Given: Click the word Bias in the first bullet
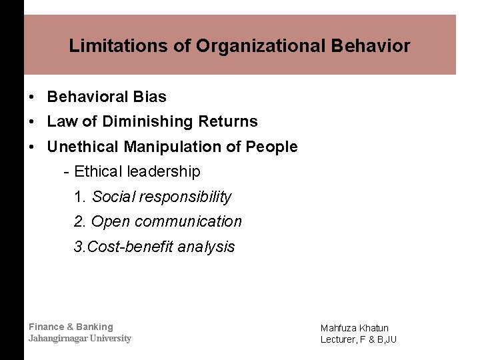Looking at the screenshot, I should tap(150, 97).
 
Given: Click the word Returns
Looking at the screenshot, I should tap(228, 121).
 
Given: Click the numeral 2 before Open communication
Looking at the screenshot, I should tap(79, 221).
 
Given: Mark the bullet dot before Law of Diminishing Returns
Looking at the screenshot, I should tap(32, 122).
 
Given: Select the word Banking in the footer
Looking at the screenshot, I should tap(95, 327).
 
